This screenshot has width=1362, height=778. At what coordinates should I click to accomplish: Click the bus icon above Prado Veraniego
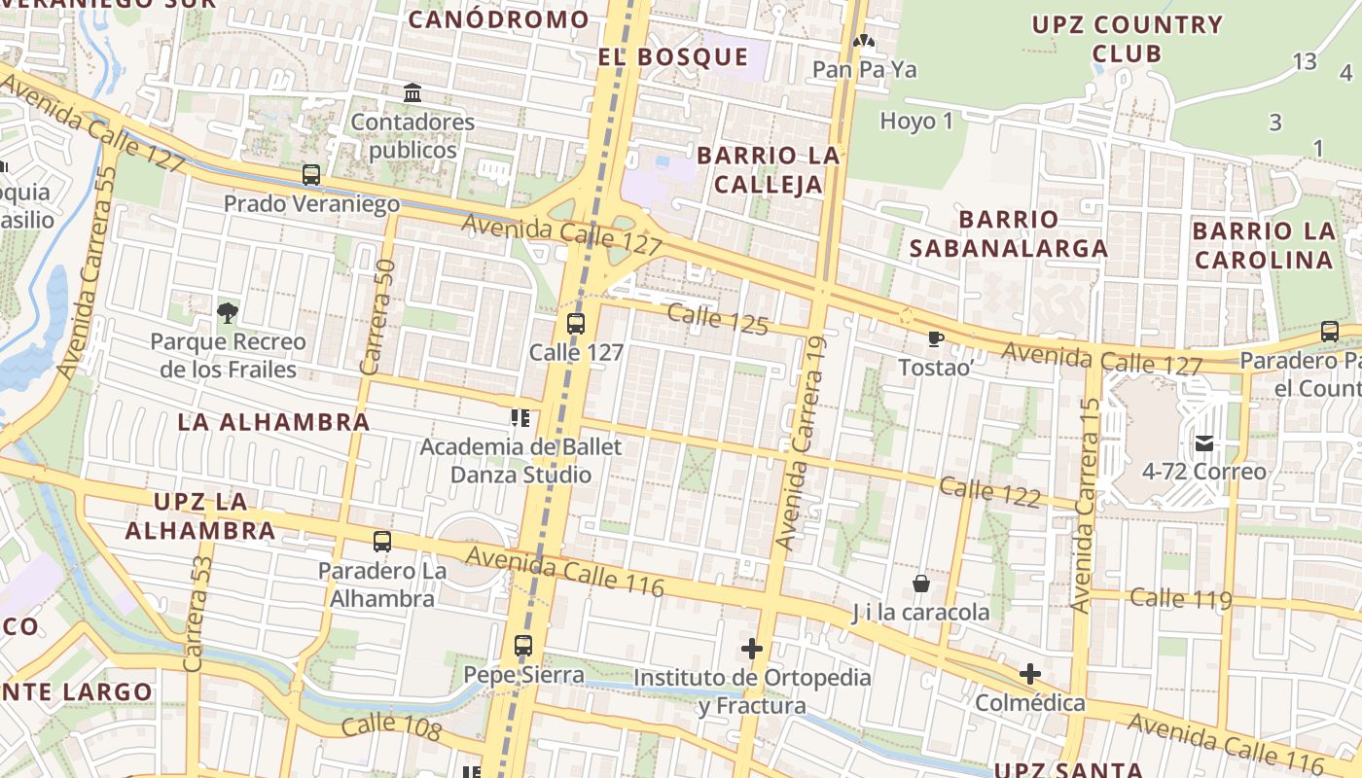pos(311,175)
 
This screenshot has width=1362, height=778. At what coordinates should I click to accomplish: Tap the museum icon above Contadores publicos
pos(412,93)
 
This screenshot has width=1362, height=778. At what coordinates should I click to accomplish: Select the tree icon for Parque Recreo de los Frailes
pos(228,312)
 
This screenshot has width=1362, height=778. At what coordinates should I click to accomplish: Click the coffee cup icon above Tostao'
pos(935,338)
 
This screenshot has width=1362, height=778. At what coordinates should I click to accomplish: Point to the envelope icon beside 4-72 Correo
pos(1204,443)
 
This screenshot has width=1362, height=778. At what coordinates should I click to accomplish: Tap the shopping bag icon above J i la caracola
pos(920,583)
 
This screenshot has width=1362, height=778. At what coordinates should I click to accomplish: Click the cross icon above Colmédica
pos(1030,673)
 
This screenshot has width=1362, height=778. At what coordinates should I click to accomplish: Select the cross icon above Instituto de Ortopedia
pos(752,648)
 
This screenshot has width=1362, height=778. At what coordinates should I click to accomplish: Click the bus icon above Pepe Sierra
pos(523,645)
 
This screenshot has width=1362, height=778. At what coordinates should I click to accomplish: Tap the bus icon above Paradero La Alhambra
pos(382,542)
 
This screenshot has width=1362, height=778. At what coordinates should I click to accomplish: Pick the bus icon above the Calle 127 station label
pos(576,324)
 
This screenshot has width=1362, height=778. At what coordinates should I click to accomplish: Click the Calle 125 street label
pos(718,319)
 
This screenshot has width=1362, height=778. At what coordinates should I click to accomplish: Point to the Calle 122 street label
pos(990,492)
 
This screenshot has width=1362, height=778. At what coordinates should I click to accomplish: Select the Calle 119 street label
pos(1181,598)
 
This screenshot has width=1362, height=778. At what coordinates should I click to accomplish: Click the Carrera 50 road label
pos(377,316)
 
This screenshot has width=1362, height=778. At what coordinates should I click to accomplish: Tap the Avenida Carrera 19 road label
pos(803,442)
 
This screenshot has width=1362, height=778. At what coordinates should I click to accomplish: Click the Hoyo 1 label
pos(916,122)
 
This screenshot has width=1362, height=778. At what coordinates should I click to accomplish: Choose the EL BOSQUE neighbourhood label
pos(673,56)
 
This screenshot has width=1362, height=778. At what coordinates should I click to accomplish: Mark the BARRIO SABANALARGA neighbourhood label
pos(1009,233)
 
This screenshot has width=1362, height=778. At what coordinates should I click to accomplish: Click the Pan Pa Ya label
pos(864,70)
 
